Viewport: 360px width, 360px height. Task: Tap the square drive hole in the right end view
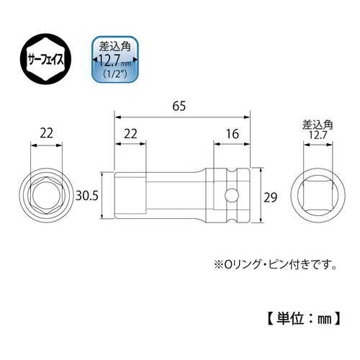(317, 195)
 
